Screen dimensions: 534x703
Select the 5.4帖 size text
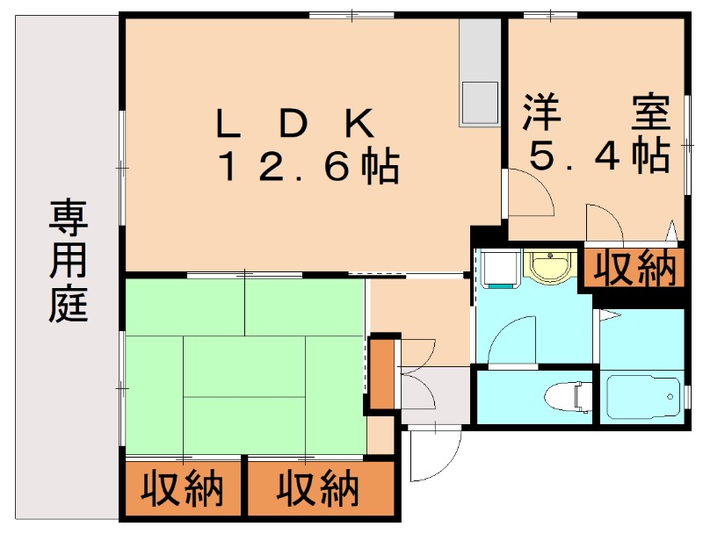(598, 155)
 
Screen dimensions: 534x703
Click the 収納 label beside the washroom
(633, 269)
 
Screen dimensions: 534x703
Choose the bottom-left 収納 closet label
(184, 490)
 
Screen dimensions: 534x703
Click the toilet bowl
(568, 396)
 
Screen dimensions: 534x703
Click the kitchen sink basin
(479, 103)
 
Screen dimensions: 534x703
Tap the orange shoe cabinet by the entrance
(381, 373)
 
